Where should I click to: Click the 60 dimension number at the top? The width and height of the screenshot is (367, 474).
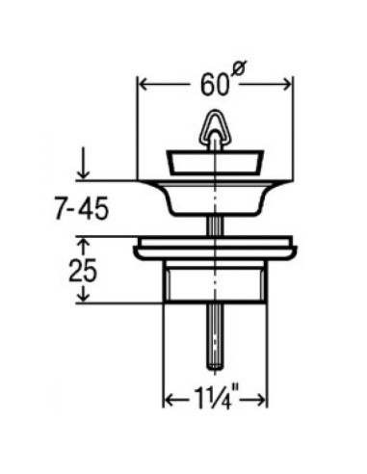214,86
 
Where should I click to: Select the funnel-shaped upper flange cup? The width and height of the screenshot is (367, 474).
215,197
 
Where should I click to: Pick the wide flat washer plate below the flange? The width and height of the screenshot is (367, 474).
215,247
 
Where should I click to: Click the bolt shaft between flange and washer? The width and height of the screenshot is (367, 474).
215,226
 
